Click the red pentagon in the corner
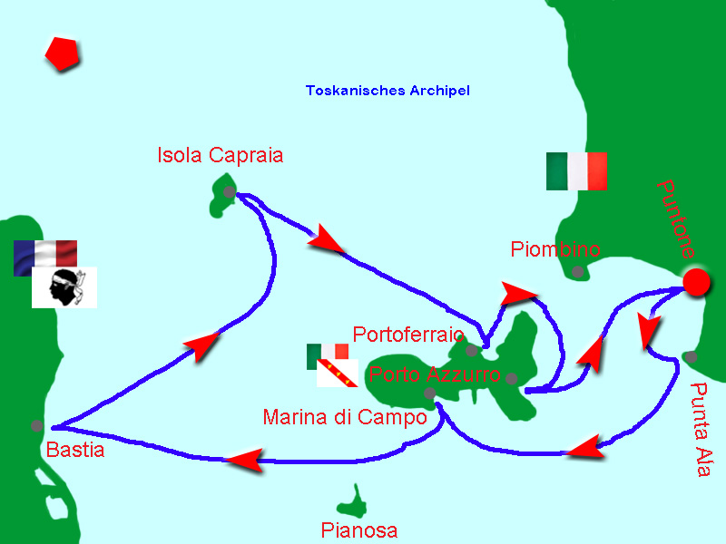tap(63, 53)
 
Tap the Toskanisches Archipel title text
tap(388, 91)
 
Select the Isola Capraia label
tap(220, 155)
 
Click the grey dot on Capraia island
tap(229, 192)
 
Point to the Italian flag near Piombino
tap(576, 171)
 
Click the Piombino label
tap(555, 248)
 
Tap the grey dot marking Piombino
tap(578, 270)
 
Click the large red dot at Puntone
tap(696, 282)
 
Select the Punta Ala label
tap(701, 431)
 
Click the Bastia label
tap(74, 450)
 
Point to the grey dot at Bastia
tap(36, 425)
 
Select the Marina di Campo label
tap(344, 418)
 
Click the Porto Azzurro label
tap(434, 374)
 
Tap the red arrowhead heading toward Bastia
tap(244, 460)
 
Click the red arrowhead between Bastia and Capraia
tap(201, 345)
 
